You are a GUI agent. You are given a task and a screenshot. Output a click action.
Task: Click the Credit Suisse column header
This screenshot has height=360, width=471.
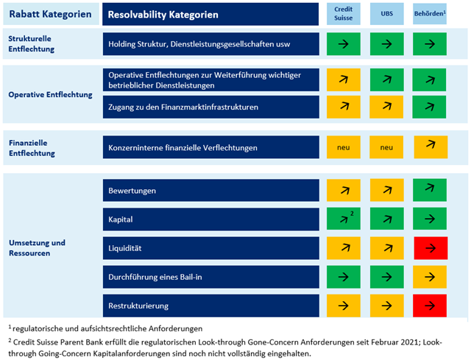[344, 14]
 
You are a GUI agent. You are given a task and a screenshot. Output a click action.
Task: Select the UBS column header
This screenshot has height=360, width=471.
[387, 14]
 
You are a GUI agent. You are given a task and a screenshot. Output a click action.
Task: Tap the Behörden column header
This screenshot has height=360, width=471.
[431, 14]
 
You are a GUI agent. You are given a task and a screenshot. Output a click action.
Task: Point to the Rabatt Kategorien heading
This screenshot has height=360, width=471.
[50, 14]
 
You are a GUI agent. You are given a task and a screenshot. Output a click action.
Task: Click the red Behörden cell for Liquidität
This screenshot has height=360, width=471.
[431, 247]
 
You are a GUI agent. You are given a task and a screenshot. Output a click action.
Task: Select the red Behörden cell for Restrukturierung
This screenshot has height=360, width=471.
[431, 305]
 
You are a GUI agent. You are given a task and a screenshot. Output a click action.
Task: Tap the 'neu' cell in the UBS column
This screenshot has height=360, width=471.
[387, 147]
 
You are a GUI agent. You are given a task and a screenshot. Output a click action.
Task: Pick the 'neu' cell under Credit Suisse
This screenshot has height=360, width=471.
[344, 147]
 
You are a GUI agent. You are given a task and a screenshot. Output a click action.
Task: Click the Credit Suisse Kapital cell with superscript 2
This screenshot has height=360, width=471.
[344, 219]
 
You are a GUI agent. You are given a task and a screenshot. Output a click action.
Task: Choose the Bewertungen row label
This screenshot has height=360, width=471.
[132, 191]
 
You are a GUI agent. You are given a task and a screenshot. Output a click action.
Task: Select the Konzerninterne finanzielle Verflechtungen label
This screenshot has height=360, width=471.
[183, 148]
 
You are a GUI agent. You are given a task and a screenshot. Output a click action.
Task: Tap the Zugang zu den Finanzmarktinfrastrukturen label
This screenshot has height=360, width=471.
[183, 107]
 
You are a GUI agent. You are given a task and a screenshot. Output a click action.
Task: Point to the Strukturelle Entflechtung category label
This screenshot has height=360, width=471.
[35, 43]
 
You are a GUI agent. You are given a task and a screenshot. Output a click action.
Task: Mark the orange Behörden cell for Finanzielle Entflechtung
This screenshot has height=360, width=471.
[431, 147]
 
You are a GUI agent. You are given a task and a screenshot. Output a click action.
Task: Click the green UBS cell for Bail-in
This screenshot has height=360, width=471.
[387, 277]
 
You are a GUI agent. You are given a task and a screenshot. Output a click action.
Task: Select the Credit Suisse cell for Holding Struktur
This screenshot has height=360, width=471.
[344, 44]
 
